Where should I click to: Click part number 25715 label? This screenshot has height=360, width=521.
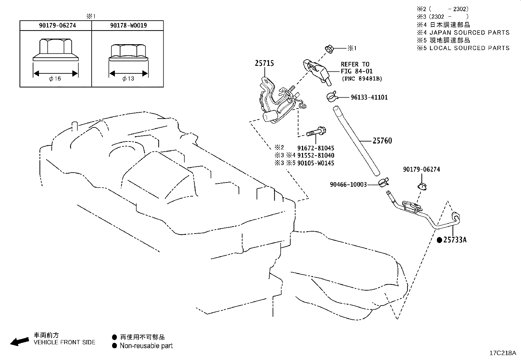[x=264, y=63]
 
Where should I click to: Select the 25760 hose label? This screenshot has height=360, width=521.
[x=382, y=141]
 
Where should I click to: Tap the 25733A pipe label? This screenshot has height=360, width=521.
[x=455, y=239]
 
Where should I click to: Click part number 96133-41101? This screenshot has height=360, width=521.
[x=369, y=97]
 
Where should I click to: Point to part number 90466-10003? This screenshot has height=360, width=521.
[x=348, y=185]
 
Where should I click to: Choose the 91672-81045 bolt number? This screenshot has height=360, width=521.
[x=315, y=148]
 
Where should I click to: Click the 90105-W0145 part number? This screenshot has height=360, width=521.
[x=315, y=163]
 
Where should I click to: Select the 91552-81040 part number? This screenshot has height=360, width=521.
[x=315, y=156]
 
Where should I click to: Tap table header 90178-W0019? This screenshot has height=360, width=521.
[x=128, y=25]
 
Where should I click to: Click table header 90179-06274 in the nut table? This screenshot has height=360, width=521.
[x=58, y=25]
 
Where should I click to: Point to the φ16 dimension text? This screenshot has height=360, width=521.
[x=55, y=79]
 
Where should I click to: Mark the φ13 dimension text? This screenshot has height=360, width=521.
[x=128, y=79]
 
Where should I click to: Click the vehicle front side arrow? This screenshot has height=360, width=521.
[x=20, y=342]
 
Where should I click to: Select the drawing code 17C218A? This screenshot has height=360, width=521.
[x=503, y=353]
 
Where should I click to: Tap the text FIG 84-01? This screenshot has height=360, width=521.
[x=357, y=71]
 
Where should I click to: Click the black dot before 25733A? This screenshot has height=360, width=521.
[x=440, y=240]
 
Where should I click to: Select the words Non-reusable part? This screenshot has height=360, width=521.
[x=146, y=346]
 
